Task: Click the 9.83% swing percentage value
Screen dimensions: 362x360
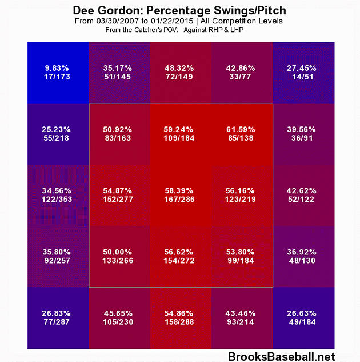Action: point(58,67)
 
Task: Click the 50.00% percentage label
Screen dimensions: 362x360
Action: point(119,251)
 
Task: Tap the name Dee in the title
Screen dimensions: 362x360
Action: point(85,10)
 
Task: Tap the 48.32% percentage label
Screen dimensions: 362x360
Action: point(181,67)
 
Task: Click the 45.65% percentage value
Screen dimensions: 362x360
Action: point(119,313)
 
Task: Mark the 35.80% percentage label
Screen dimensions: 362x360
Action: point(58,251)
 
